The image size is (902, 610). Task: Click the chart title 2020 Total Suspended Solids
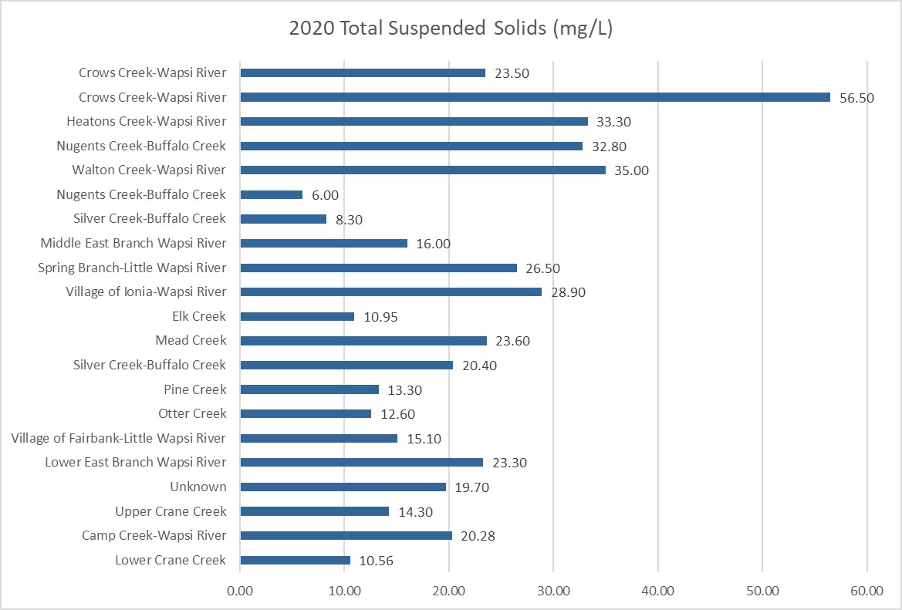(x=451, y=29)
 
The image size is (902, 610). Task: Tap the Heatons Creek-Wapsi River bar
(x=414, y=122)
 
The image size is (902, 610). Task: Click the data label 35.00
(x=631, y=170)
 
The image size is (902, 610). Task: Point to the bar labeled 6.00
(x=271, y=194)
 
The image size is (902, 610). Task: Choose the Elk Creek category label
(x=199, y=316)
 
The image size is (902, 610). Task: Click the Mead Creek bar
(x=363, y=341)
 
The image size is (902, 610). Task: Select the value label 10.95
(x=381, y=317)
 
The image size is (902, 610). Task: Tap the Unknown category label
(x=198, y=487)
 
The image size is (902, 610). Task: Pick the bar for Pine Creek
(x=309, y=389)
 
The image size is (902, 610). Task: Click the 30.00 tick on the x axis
(x=553, y=591)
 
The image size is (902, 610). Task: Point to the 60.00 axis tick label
(x=867, y=591)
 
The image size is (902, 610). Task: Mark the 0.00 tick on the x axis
(x=240, y=591)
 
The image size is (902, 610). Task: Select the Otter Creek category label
(x=192, y=414)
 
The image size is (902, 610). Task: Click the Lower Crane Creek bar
(x=295, y=560)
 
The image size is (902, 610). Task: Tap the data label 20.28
(x=479, y=536)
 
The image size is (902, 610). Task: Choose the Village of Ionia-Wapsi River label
(x=146, y=292)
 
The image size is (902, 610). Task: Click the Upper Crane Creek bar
(x=314, y=511)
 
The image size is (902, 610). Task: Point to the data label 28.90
(x=569, y=292)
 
